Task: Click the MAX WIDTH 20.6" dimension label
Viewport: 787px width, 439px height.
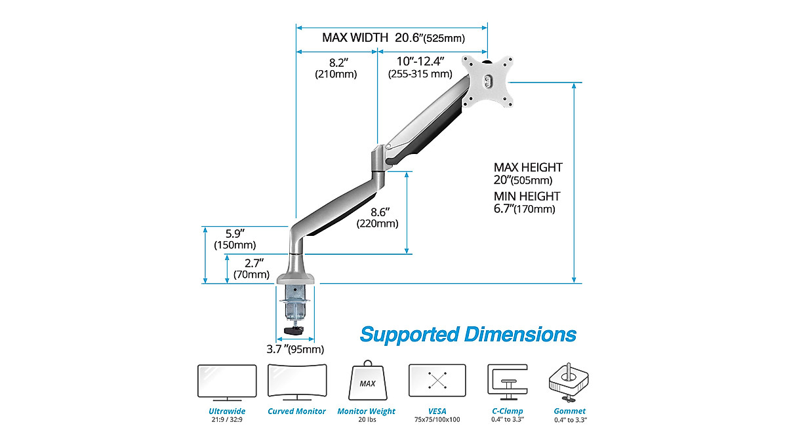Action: coord(393,37)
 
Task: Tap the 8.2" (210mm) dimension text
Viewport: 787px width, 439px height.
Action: coord(336,68)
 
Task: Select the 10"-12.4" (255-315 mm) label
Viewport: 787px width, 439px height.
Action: coord(420,67)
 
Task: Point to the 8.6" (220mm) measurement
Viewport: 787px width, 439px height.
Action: coord(378,218)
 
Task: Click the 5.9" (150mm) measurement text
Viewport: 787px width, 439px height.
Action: coord(235,239)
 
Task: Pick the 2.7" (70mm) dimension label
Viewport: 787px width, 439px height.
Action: coord(252,269)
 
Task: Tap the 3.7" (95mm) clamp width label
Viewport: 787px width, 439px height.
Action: coord(295,349)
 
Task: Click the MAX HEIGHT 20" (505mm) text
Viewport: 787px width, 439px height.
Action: coord(528,174)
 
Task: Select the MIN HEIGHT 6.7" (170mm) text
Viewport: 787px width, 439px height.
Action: coord(527,202)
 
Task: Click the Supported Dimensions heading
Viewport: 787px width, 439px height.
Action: coord(468,334)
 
